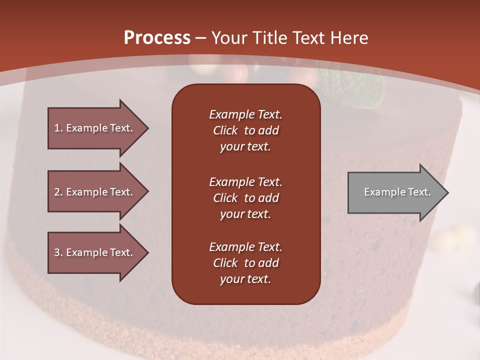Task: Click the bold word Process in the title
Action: pos(157,37)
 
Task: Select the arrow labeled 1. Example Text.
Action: pos(95,128)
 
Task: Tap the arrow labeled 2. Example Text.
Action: pos(95,192)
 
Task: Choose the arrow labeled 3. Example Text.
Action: pos(95,252)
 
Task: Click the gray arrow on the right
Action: pos(395,192)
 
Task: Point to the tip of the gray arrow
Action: pos(447,192)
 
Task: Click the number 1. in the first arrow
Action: pos(58,128)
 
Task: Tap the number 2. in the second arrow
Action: pos(58,192)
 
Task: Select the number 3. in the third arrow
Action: pos(58,252)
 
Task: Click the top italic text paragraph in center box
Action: pos(245,130)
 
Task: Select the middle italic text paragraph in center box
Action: pos(245,198)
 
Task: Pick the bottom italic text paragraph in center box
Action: pos(245,263)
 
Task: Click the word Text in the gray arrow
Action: pos(419,192)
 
